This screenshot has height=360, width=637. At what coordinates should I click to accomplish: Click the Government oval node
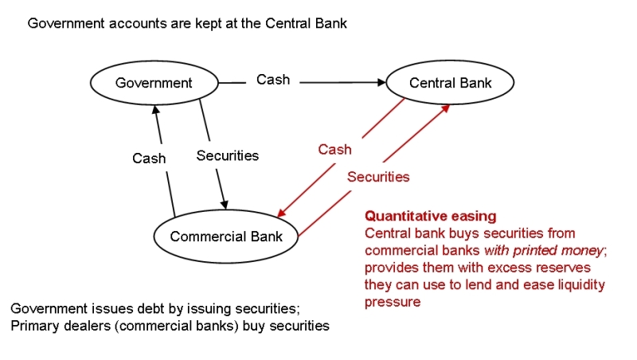pos(154,83)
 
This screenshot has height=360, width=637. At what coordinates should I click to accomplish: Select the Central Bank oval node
pos(450,83)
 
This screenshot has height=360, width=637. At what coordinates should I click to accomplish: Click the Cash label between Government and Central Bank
pos(273,80)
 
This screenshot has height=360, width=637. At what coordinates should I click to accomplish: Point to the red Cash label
pos(334,149)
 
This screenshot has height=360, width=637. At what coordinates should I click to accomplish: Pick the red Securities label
pos(378,177)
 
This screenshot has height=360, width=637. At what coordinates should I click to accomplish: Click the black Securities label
pos(227,155)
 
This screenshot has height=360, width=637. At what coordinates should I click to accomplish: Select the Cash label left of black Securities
pos(149,158)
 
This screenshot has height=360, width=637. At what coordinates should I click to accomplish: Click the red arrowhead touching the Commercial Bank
pos(281,213)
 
